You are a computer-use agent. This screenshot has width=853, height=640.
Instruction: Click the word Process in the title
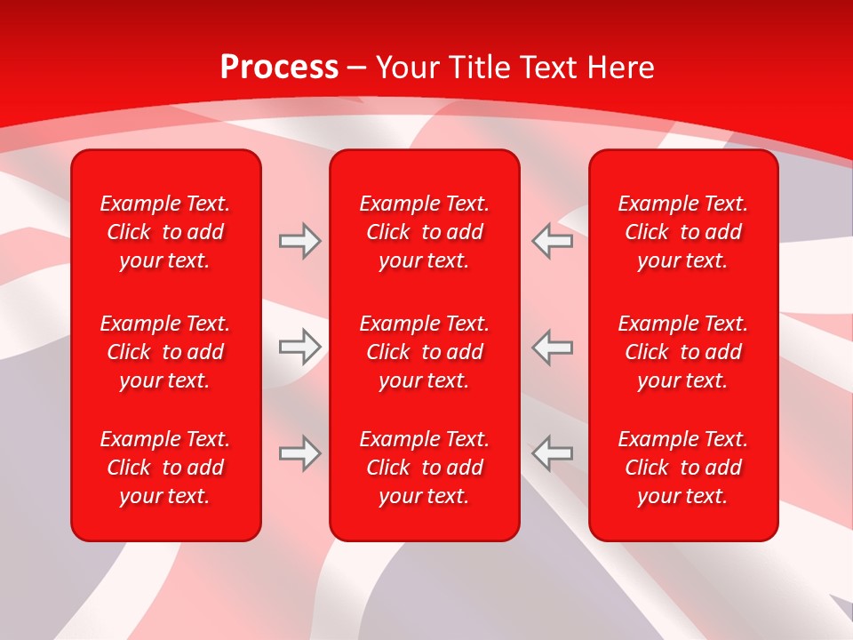[x=279, y=68]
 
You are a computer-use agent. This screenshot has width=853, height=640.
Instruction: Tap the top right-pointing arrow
[x=299, y=241]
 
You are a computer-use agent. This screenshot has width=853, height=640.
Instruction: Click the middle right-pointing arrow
[x=299, y=347]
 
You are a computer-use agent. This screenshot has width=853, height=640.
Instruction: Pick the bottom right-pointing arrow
[x=299, y=453]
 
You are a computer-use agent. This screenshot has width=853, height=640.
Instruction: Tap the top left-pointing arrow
[x=552, y=241]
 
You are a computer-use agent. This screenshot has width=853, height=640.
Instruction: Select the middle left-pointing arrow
[x=552, y=347]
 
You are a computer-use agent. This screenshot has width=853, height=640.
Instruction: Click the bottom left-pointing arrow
[x=552, y=453]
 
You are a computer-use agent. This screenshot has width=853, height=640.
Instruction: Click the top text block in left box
[x=165, y=232]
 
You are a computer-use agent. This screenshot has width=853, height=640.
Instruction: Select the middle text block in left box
[x=165, y=352]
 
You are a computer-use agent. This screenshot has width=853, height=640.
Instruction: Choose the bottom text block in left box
[x=165, y=468]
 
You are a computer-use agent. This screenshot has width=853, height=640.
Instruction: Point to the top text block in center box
[x=424, y=232]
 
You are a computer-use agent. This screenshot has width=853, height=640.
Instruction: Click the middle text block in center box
[x=424, y=352]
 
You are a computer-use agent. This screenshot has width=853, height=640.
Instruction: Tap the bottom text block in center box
[x=424, y=468]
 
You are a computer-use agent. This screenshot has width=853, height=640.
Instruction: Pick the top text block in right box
[x=682, y=232]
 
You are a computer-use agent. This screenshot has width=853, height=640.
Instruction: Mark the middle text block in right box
[x=682, y=352]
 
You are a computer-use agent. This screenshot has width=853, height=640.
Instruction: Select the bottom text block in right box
[x=682, y=468]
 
